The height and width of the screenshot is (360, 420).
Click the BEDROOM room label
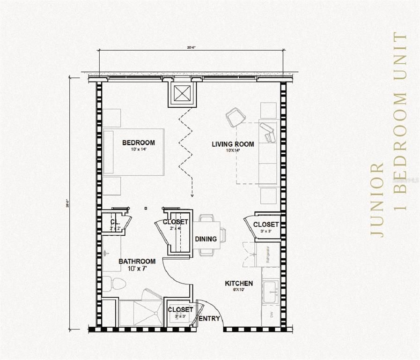pos(138,142)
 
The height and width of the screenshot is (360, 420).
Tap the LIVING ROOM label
pos(233,144)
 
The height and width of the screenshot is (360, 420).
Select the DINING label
pos(206,239)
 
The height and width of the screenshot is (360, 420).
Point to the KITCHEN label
pos(239,283)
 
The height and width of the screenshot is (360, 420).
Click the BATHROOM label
pos(137,261)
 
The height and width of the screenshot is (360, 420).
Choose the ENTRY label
pos(209,319)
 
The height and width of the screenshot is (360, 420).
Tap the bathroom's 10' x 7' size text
pos(137,269)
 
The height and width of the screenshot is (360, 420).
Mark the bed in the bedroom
pos(133,152)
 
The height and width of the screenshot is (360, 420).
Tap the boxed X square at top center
pos(182,94)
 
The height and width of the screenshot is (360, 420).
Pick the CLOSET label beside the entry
pos(180,310)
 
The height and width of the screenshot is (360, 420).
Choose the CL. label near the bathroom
pos(115,222)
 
